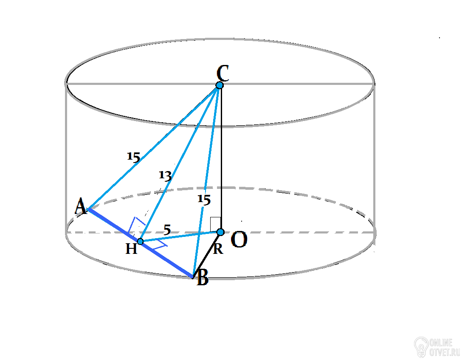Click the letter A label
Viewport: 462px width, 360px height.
(80, 206)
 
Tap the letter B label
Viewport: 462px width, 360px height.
(203, 278)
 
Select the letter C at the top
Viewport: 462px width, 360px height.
(223, 73)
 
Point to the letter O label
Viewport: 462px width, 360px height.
(239, 239)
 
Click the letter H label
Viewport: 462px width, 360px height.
(131, 249)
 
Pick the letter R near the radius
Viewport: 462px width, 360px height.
(218, 249)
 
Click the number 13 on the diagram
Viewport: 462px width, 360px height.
(165, 176)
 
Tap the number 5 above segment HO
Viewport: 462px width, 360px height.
(167, 230)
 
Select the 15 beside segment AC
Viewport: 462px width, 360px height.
(133, 157)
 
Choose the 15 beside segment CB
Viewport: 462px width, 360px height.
(204, 200)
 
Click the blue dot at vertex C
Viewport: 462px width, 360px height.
(220, 85)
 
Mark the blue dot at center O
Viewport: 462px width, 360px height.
(220, 232)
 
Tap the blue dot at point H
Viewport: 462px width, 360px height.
(140, 242)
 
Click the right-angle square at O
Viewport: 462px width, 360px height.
(215, 225)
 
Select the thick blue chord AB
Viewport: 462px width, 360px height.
(140, 243)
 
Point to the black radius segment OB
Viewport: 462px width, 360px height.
(207, 255)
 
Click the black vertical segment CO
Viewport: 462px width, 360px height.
(221, 158)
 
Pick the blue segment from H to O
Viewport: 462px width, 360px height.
(180, 237)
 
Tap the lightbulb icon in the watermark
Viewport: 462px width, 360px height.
(421, 347)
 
